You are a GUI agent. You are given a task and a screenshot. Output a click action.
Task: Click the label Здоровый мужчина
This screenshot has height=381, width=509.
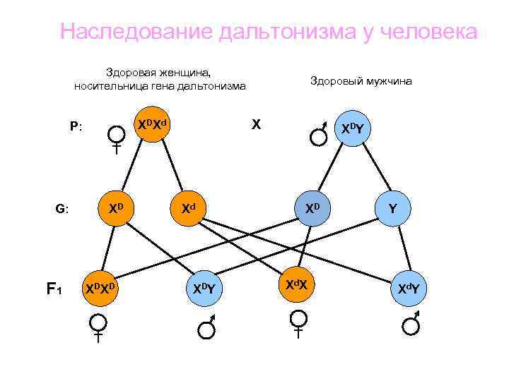click(x=361, y=81)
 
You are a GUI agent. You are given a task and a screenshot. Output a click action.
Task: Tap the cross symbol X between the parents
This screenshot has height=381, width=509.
click(x=257, y=125)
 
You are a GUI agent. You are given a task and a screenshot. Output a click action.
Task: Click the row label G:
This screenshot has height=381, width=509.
click(x=62, y=209)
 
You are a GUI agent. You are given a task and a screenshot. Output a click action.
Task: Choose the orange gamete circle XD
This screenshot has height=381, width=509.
click(x=117, y=209)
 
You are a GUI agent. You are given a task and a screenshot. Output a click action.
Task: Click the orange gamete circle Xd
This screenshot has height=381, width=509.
click(x=187, y=209)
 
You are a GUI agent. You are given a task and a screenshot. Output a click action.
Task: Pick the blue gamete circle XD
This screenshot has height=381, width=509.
click(x=312, y=209)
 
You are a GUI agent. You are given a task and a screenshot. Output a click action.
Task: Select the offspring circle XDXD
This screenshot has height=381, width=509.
click(x=100, y=289)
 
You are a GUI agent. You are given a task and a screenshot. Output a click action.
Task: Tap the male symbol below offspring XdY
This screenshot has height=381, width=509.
click(x=411, y=327)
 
